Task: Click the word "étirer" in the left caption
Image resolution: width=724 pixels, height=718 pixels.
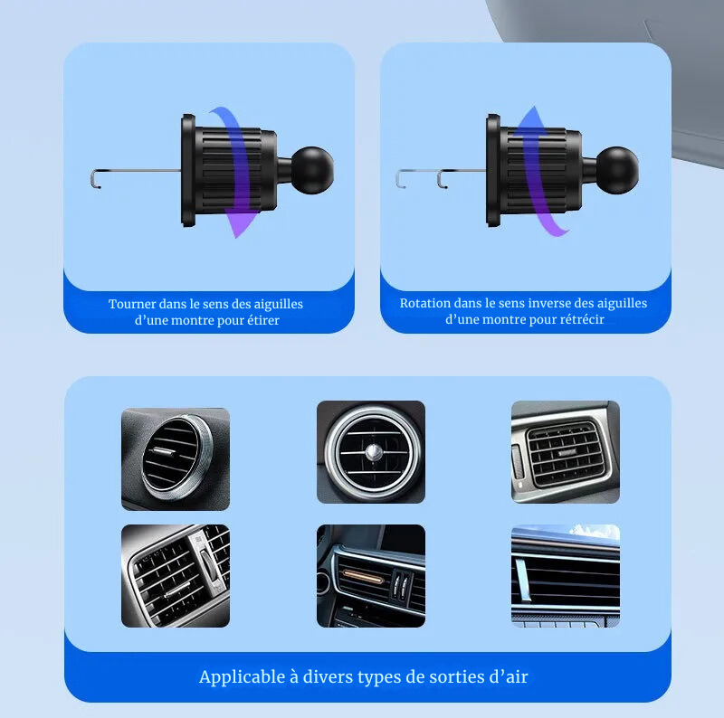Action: tap(263, 320)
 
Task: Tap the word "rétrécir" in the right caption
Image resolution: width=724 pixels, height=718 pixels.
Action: tap(584, 319)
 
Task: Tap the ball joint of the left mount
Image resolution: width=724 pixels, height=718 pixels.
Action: tap(313, 170)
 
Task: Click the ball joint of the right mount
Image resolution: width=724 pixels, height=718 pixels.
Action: tap(618, 170)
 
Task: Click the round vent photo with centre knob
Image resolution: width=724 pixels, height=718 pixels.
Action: tap(371, 452)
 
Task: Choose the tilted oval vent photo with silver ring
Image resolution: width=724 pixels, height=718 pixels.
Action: tap(176, 459)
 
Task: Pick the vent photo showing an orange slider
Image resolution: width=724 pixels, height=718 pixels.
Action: tap(371, 575)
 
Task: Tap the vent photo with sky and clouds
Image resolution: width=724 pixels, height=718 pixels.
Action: tap(566, 575)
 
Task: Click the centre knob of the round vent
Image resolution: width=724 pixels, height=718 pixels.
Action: tap(374, 453)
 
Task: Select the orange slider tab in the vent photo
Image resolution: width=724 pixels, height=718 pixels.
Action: tap(363, 576)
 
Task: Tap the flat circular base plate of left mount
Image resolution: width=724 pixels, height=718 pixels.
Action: tap(188, 170)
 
